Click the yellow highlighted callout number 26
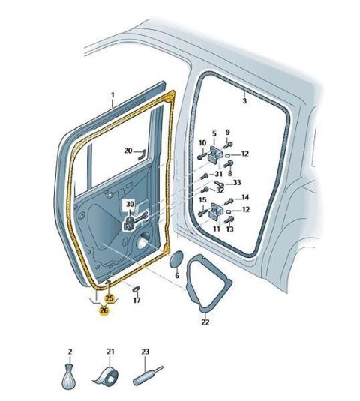pos(104,310)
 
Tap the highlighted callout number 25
pos(109,298)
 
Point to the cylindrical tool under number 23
pos(148,376)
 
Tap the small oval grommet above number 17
pos(136,289)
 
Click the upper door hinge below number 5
pos(214,154)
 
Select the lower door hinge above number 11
pos(216,211)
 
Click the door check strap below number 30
pos(135,220)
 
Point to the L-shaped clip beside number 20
pos(142,154)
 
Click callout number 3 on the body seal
pos(244,100)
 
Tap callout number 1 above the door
pos(112,95)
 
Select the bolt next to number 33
pos(219,184)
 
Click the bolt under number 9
pos(227,145)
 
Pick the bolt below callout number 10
pos(202,156)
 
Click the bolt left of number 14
pos(229,202)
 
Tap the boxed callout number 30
pos(130,204)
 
